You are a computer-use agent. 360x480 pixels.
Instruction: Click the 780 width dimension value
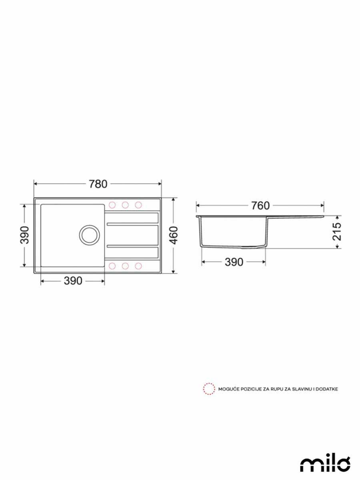(x=98, y=184)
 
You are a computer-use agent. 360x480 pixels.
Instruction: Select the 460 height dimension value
(x=174, y=235)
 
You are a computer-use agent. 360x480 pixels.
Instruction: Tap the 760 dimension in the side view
(x=260, y=206)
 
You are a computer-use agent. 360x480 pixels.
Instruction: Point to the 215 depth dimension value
(x=337, y=232)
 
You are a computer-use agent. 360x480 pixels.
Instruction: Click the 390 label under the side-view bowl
(x=234, y=262)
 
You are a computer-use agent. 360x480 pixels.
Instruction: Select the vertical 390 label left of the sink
(x=24, y=235)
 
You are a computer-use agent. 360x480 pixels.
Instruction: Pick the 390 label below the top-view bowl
(x=73, y=281)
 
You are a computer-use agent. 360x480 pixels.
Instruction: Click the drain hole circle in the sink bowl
(x=89, y=235)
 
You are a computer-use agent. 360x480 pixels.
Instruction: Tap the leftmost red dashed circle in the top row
(x=112, y=205)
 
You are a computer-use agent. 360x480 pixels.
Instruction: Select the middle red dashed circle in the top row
(x=125, y=205)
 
